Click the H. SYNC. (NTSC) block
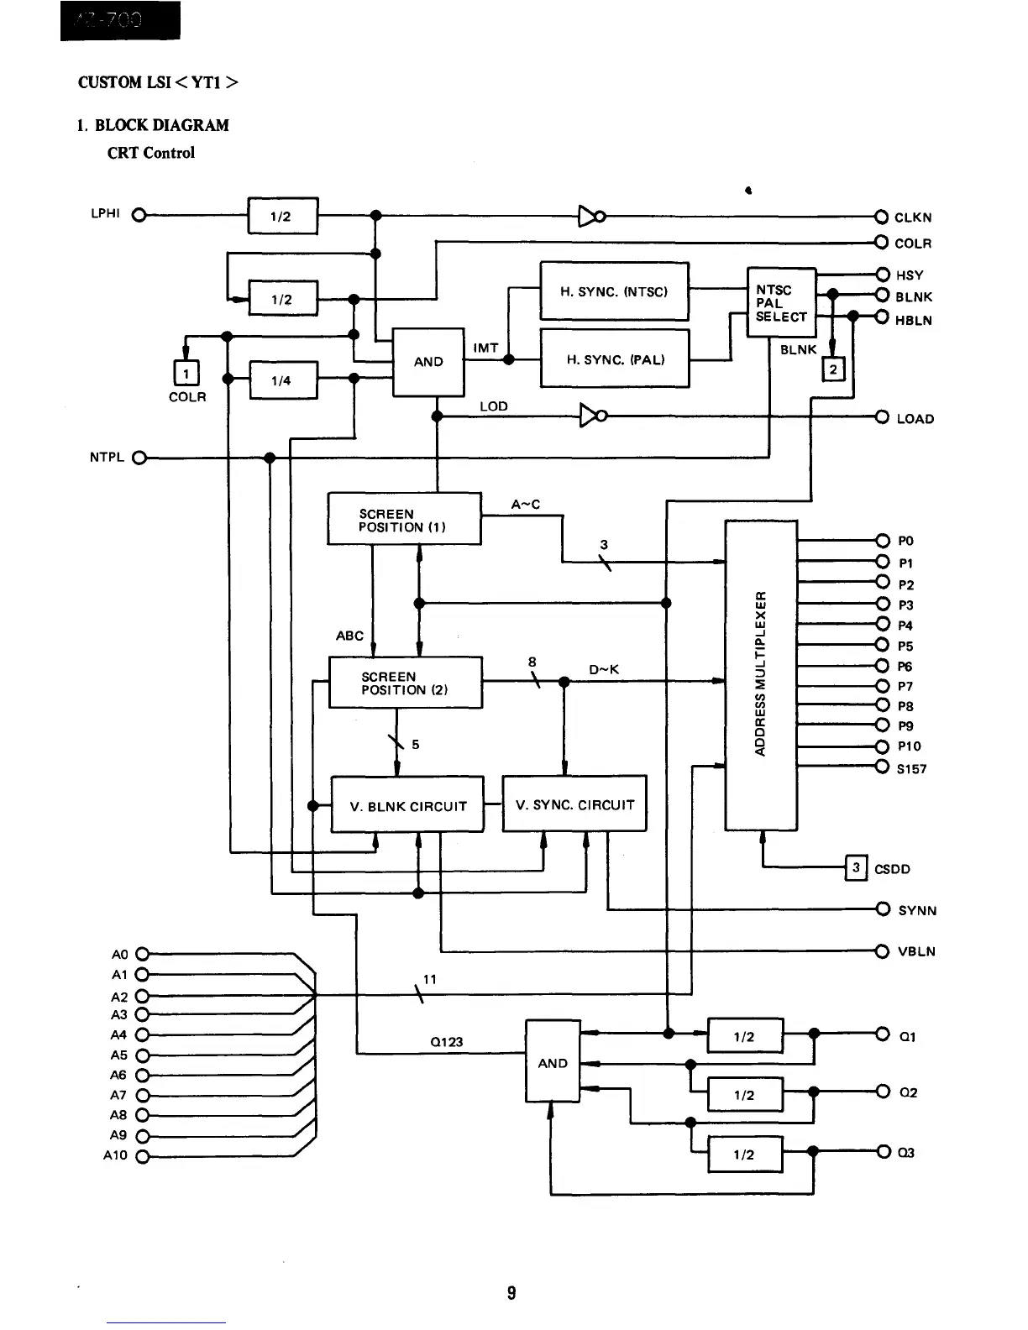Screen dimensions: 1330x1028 (614, 291)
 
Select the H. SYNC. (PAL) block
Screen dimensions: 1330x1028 (614, 359)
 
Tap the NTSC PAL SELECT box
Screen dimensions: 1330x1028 (781, 302)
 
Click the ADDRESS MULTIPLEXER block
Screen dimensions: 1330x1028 (761, 674)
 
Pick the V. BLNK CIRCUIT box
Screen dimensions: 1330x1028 (407, 804)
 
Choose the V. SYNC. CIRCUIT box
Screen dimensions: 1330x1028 (574, 804)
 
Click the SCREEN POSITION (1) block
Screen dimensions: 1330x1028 (404, 520)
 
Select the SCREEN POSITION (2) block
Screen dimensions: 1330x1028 (405, 683)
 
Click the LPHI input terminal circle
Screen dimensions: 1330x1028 (139, 214)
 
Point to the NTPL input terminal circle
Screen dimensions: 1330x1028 (139, 458)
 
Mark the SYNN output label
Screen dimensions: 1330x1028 (917, 910)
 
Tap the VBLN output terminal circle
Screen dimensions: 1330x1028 (881, 951)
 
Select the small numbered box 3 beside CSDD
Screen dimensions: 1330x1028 (855, 867)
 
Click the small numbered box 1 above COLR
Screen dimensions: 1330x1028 (186, 372)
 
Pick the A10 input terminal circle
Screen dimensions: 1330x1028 (141, 1156)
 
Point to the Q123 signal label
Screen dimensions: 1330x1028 (446, 1042)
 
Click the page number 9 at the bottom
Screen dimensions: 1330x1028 (511, 1292)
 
